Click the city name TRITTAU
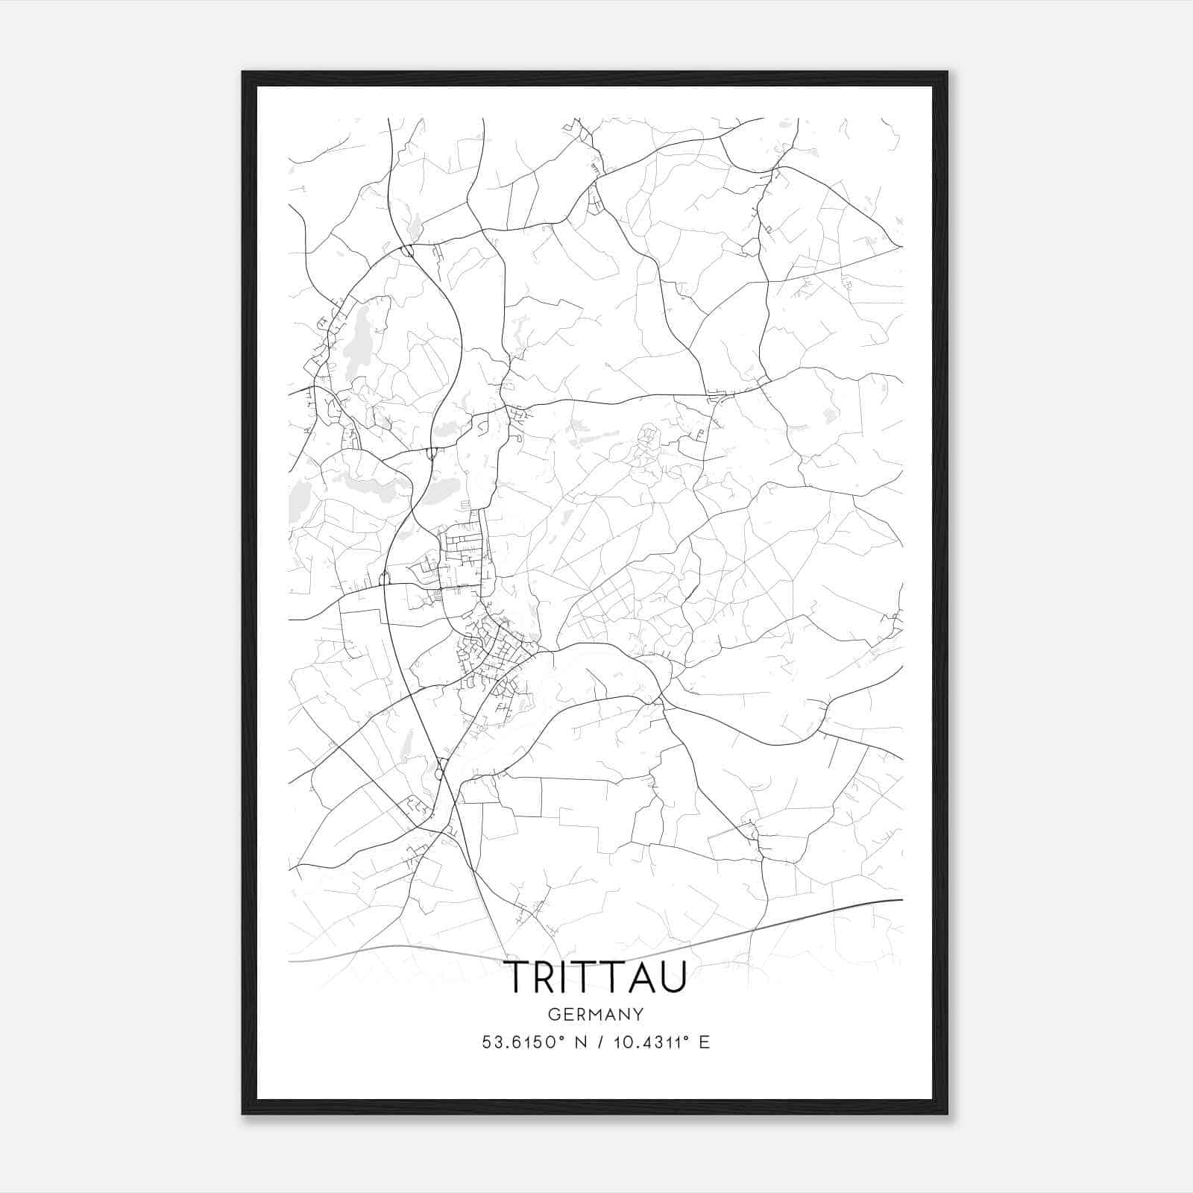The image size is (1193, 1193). pyautogui.click(x=595, y=978)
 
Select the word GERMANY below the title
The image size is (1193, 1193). pyautogui.click(x=595, y=1015)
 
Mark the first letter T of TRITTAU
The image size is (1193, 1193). pyautogui.click(x=519, y=978)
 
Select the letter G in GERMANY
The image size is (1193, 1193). pyautogui.click(x=553, y=1015)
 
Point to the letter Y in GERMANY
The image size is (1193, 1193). pyautogui.click(x=638, y=1015)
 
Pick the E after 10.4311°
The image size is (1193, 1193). pyautogui.click(x=704, y=1042)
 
